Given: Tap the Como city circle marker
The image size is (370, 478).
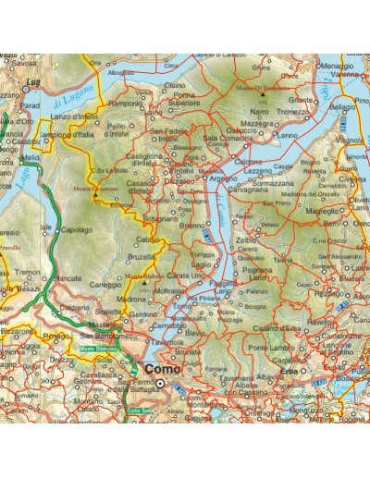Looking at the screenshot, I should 159,382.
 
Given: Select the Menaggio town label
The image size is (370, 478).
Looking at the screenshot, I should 338,67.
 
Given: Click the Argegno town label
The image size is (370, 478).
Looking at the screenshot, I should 224,178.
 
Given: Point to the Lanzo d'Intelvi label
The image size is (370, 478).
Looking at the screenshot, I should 72,116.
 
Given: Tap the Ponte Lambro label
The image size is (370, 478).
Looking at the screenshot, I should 295,347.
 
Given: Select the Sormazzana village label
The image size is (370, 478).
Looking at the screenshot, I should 272,185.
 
